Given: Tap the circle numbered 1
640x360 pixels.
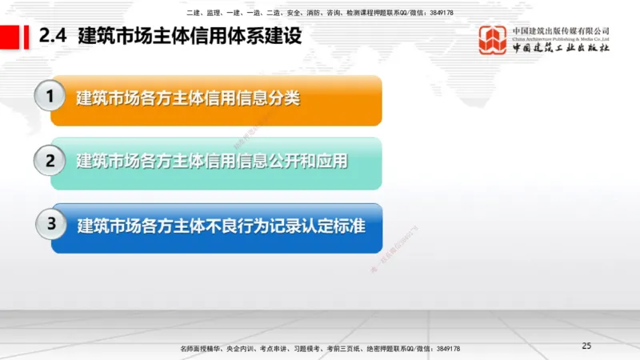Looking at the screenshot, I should click(x=50, y=98).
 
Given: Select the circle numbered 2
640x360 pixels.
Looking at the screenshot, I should click(x=50, y=161).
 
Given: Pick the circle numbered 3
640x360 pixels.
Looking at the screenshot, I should click(x=50, y=225).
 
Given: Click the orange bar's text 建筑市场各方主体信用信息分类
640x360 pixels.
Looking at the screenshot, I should click(x=188, y=98).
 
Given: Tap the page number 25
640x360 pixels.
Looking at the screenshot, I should click(x=586, y=346).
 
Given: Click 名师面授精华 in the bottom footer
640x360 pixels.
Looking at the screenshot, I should click(x=202, y=349).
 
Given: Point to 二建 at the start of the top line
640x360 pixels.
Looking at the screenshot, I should click(x=192, y=14).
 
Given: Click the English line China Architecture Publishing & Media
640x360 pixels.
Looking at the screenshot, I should click(x=560, y=38).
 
